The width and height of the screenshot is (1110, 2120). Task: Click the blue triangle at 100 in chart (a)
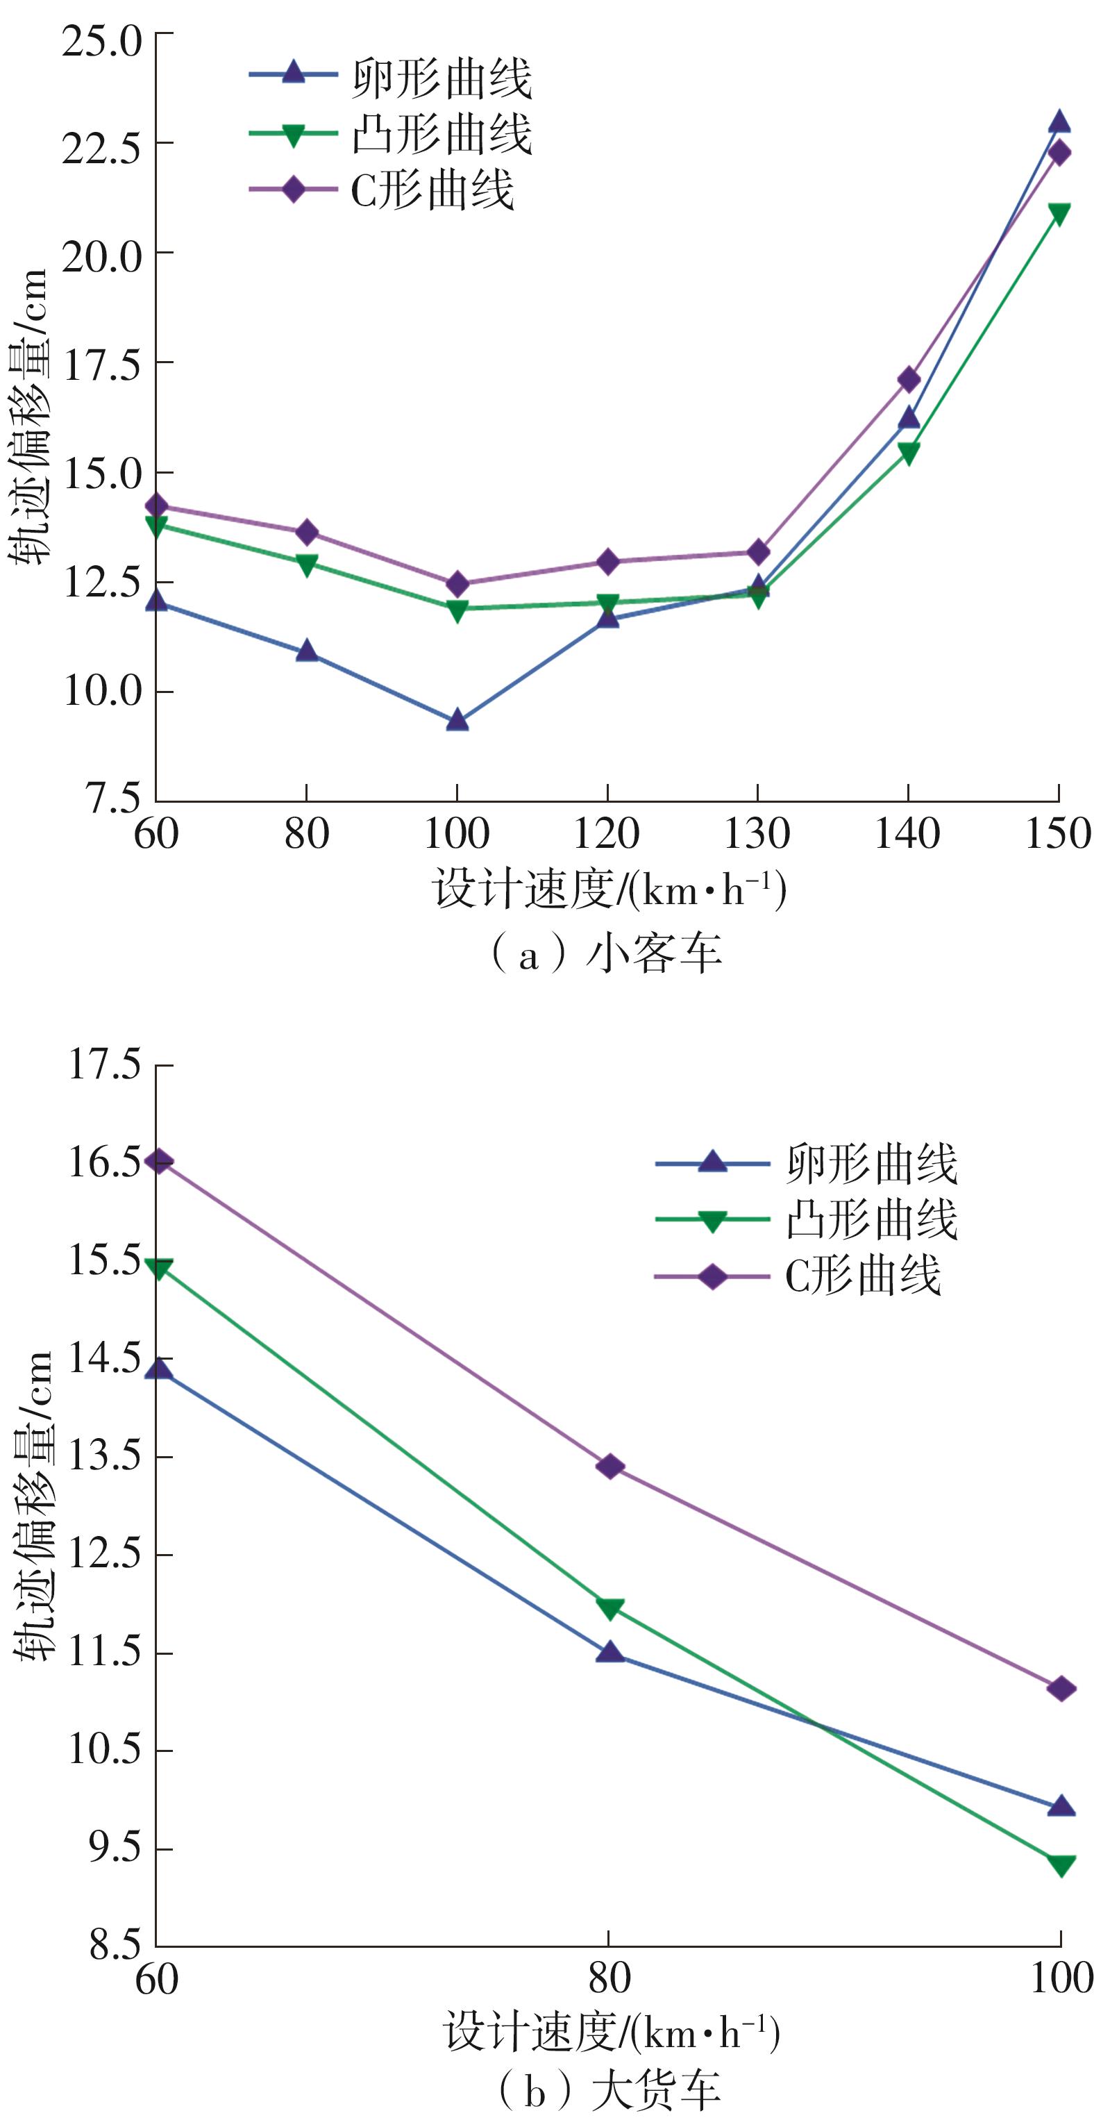tap(457, 721)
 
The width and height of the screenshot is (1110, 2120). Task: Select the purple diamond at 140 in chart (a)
tap(909, 379)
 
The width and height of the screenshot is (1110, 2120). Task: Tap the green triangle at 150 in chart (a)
tap(1059, 214)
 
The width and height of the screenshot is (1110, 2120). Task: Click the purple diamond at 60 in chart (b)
tap(158, 1161)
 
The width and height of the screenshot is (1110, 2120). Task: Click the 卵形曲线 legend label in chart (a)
tap(442, 79)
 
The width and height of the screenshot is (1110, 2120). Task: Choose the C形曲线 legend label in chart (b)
tap(862, 1276)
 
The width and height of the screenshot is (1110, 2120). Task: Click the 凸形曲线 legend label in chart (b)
tap(871, 1219)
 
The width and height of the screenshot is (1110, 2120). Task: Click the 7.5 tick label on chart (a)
tap(112, 799)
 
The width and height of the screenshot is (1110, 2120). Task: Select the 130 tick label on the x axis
tap(757, 834)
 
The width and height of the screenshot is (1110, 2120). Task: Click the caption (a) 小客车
tap(607, 955)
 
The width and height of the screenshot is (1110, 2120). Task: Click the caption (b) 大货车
tap(609, 2089)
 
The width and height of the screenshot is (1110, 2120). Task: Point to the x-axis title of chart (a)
tap(609, 890)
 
